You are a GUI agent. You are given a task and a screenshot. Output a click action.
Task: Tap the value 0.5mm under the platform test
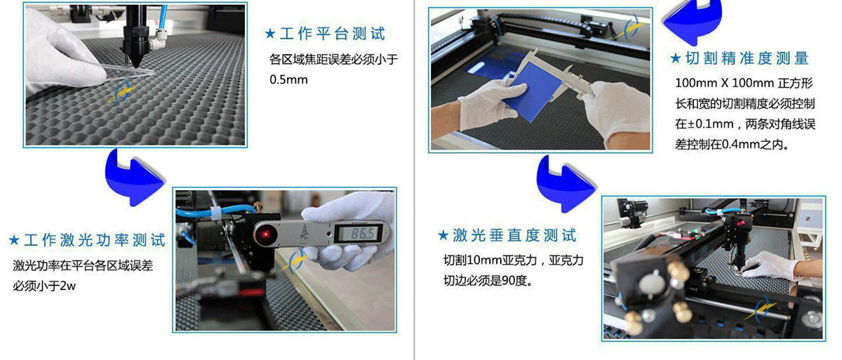pyautogui.click(x=288, y=80)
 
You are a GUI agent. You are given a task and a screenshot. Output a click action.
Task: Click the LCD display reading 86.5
pyautogui.click(x=362, y=234)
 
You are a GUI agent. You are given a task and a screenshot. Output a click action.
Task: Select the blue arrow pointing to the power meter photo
pyautogui.click(x=133, y=178)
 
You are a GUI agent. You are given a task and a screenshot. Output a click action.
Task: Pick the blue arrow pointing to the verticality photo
pyautogui.click(x=565, y=184)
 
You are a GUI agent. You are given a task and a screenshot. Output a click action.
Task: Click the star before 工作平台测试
pyautogui.click(x=270, y=34)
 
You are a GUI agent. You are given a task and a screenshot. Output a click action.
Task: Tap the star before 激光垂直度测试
pyautogui.click(x=443, y=236)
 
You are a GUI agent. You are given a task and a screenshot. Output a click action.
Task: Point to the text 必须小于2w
pyautogui.click(x=44, y=286)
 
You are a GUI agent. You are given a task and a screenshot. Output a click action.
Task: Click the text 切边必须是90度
pyautogui.click(x=488, y=281)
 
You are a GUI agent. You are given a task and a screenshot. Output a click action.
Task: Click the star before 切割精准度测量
pyautogui.click(x=676, y=58)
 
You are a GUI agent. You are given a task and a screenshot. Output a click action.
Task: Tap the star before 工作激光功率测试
pyautogui.click(x=14, y=240)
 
